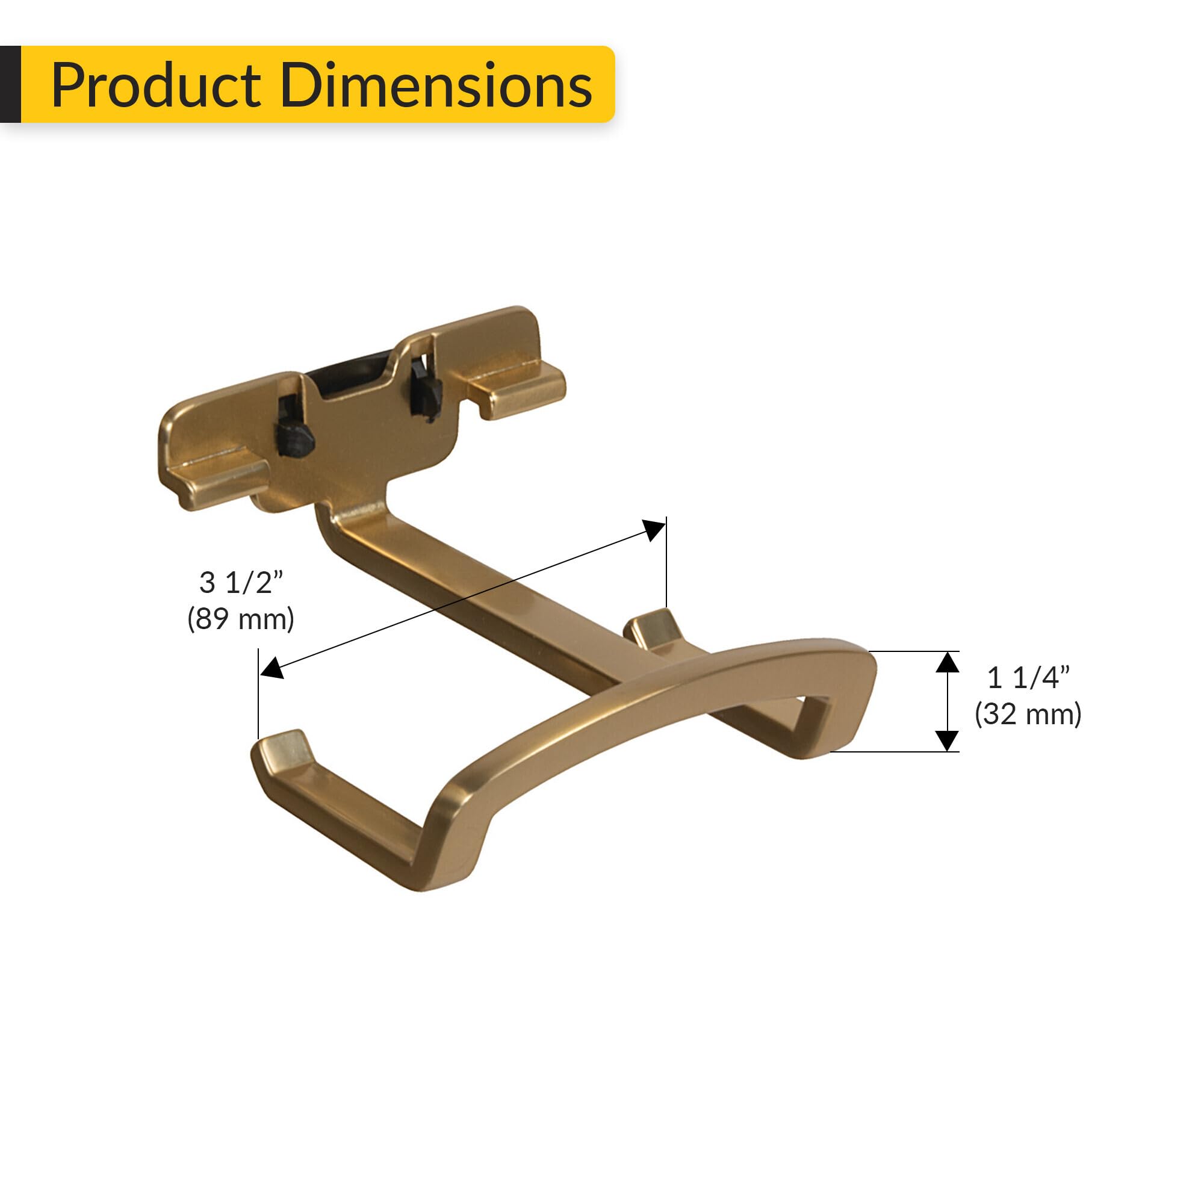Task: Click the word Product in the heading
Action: pos(156,85)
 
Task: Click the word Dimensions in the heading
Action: pos(436,85)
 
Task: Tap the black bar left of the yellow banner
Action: pos(10,84)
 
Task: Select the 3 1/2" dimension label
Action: pos(241,583)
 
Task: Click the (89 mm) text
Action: pos(241,619)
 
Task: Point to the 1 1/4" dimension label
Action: pos(1028,678)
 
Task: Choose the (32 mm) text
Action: pos(1028,714)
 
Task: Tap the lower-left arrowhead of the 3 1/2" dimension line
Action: pos(272,669)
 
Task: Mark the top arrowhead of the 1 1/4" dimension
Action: pos(947,662)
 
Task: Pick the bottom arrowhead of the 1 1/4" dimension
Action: pos(947,740)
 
